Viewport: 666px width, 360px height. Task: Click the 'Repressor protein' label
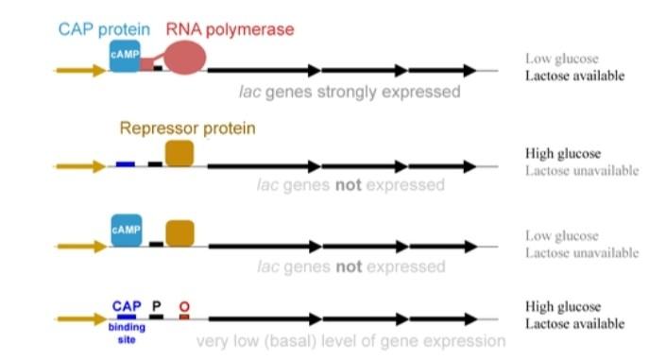(x=187, y=128)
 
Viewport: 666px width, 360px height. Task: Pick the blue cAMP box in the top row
(x=125, y=55)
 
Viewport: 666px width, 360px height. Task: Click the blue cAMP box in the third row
(x=126, y=230)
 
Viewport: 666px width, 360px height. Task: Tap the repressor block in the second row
(x=179, y=152)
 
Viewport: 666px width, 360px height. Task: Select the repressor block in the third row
(x=179, y=232)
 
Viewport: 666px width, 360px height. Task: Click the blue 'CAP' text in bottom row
(x=126, y=306)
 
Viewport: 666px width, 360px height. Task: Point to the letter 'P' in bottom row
(x=157, y=306)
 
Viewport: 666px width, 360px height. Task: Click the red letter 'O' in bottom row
(x=184, y=306)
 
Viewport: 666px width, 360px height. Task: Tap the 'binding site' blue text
(x=126, y=328)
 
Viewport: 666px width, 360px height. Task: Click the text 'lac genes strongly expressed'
(x=349, y=93)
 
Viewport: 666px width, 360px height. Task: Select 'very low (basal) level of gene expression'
(x=350, y=340)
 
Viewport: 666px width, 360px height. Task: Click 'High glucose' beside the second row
(x=563, y=153)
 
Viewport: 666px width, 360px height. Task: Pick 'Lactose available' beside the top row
(x=574, y=76)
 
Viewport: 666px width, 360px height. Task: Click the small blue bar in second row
(x=126, y=164)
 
